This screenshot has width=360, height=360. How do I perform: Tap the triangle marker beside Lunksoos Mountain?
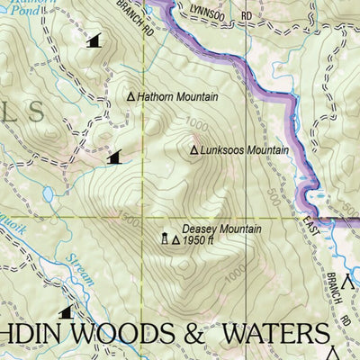[x=193, y=150]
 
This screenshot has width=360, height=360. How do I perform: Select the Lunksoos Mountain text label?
[x=244, y=150]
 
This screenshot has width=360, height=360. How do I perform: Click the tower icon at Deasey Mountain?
[x=165, y=238]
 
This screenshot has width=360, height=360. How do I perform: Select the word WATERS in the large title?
[x=278, y=334]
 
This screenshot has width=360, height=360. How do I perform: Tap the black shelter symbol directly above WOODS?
[x=66, y=312]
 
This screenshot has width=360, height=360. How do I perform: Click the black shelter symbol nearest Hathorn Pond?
[x=93, y=40]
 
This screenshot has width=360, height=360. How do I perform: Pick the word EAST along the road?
[x=311, y=226]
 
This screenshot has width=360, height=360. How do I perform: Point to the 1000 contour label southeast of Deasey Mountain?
[x=236, y=271]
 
